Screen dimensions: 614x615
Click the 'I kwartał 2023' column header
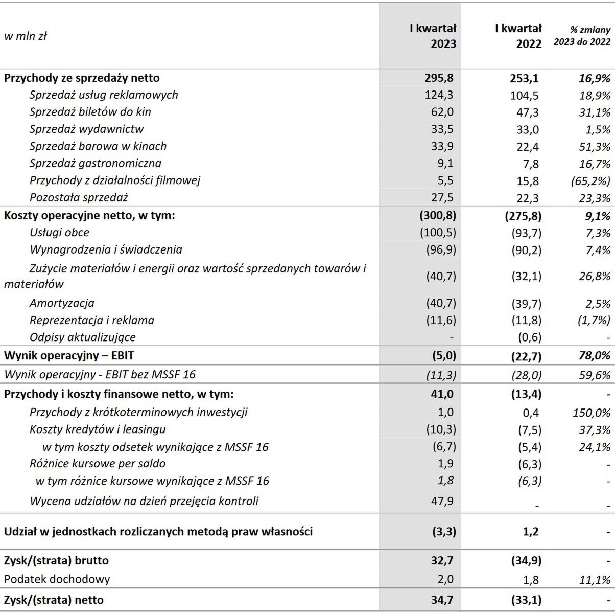(x=433, y=36)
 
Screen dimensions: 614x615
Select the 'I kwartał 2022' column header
(x=518, y=36)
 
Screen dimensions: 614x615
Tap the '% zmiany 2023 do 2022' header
(x=582, y=36)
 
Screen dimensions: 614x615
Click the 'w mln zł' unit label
(x=26, y=36)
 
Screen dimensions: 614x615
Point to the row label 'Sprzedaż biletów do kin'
(x=90, y=112)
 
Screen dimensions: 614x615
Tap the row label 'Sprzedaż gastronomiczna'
(x=95, y=164)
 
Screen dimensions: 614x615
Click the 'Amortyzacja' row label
(x=62, y=303)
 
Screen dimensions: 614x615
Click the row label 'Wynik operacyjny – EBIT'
(x=69, y=356)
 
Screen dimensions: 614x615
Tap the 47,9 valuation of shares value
(x=442, y=501)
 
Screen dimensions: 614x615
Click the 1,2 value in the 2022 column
(x=531, y=532)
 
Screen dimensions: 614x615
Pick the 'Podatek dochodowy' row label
(x=57, y=580)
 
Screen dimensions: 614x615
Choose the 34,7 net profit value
(x=442, y=600)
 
